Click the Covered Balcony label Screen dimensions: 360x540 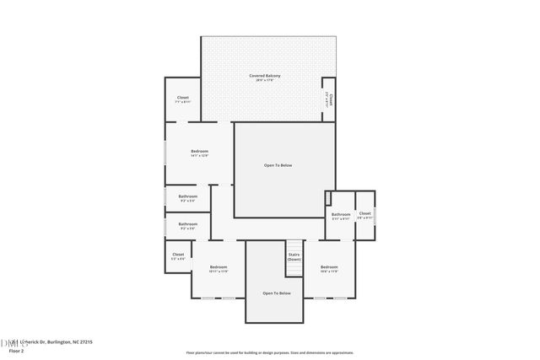coord(265,76)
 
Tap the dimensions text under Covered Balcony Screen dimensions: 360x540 coord(265,81)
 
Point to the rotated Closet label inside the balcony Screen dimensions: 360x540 coord(331,99)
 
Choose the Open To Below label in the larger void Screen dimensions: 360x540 coord(278,164)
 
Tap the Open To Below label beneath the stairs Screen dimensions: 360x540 coord(277,293)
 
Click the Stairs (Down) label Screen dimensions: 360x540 coord(294,256)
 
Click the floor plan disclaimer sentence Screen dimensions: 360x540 coord(270,353)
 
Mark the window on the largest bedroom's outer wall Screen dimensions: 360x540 coord(165,153)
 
